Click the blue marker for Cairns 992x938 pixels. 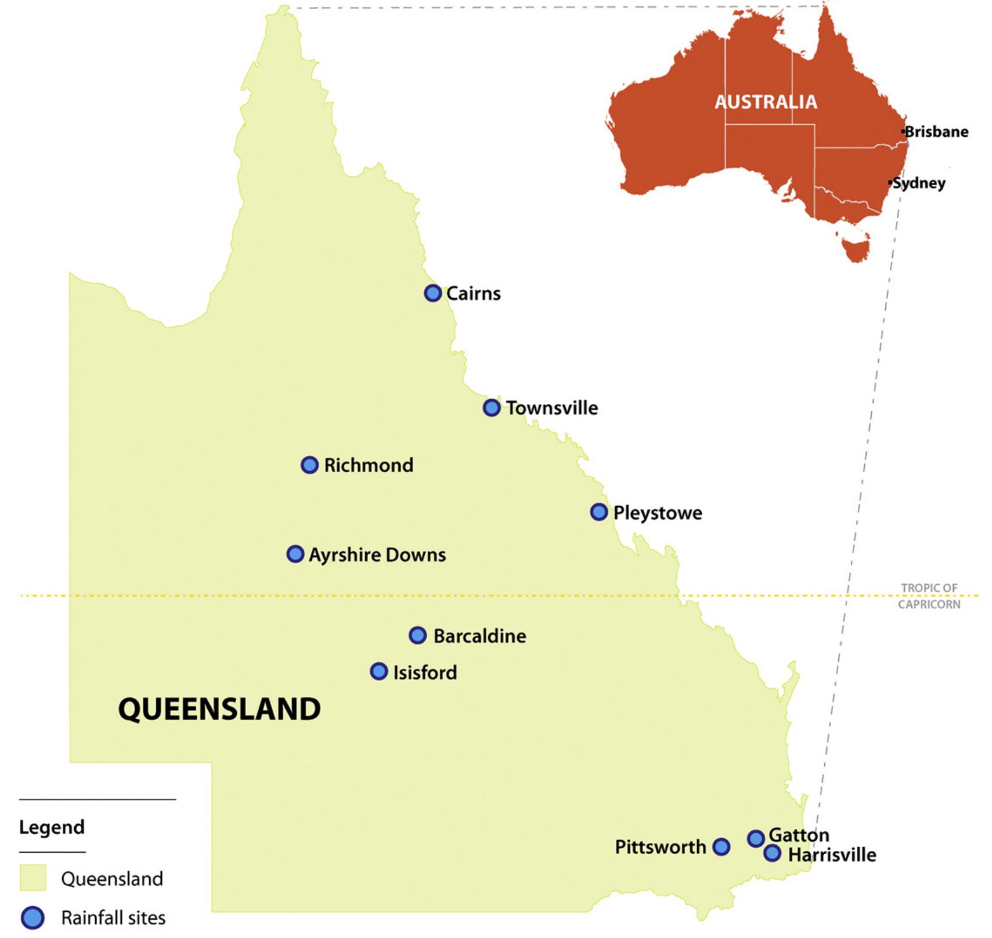coord(432,293)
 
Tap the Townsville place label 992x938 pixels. coord(551,408)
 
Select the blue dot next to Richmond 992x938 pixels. coord(309,465)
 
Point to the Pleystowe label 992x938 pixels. coord(658,513)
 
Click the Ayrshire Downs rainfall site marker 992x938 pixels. coord(295,554)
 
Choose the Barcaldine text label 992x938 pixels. coord(479,636)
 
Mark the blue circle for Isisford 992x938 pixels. coord(379,672)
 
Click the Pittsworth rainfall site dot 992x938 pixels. coord(721,847)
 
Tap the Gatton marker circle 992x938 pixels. coord(755,838)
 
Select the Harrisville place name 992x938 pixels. coord(832,854)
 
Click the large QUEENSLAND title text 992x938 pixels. coord(219,709)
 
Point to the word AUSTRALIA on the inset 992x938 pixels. coord(766,102)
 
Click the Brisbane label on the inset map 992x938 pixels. coord(936,132)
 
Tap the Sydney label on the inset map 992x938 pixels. coord(919,183)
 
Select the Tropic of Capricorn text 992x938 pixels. coord(929,596)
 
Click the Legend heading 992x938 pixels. coord(52,827)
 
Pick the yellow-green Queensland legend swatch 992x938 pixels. coord(33,878)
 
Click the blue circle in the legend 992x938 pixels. coord(33,918)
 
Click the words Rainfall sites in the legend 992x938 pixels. coord(113,918)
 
